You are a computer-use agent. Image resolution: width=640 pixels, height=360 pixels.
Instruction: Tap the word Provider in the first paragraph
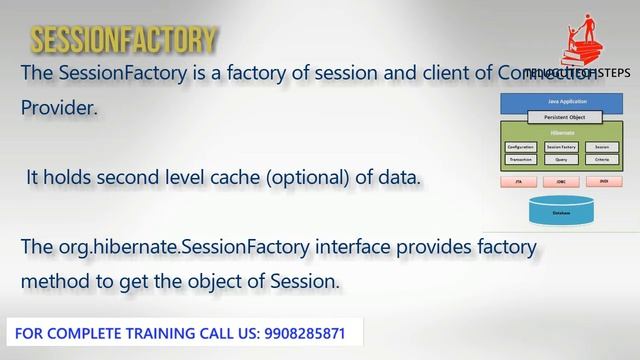click(59, 108)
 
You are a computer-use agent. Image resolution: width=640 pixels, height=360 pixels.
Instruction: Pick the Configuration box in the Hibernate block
click(521, 146)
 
